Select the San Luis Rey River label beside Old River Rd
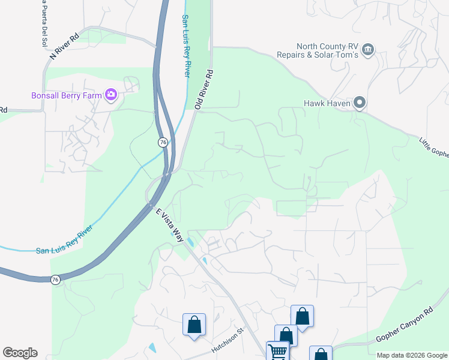point(186,46)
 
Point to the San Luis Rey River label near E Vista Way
point(64,240)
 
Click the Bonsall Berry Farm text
point(66,95)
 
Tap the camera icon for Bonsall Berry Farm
point(110,94)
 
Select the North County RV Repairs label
point(326,50)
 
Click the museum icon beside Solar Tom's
point(369,49)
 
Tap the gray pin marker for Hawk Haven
point(360,103)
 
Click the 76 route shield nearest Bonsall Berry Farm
point(163,142)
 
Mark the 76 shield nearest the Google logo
point(55,280)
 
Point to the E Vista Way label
point(170,226)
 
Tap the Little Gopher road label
point(433,146)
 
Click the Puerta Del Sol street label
point(43,23)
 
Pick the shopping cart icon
point(278,352)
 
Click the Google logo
point(20,353)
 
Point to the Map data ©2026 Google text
point(412,355)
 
